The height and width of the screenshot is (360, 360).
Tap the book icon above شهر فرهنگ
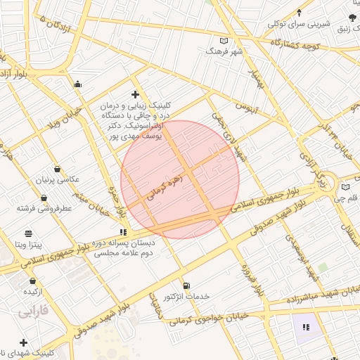coord(224,40)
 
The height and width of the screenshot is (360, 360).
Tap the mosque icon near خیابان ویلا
coord(77,84)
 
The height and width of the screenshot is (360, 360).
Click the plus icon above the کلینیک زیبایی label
coord(135,94)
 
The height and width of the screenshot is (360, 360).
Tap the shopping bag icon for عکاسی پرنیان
coord(56,169)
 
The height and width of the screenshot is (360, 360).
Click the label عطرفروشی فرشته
coord(49,209)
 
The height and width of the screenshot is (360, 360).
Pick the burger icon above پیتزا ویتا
coord(27,233)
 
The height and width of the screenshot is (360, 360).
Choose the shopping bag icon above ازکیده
coord(32,281)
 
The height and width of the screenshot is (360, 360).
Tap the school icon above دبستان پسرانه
coord(124,231)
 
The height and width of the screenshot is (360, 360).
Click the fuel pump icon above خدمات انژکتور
coord(186,285)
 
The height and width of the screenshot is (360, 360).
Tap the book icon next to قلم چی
coord(345,187)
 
